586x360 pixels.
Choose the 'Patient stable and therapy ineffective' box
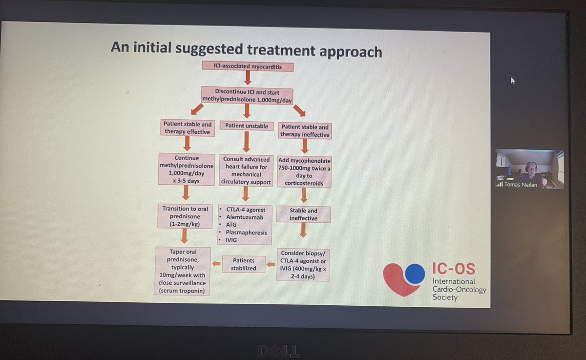(305, 131)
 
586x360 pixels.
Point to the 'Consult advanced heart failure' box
(246, 170)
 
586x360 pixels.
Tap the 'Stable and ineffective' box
(303, 213)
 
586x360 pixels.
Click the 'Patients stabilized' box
(244, 264)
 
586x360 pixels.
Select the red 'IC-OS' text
(453, 269)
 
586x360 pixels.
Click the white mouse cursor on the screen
(513, 81)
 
